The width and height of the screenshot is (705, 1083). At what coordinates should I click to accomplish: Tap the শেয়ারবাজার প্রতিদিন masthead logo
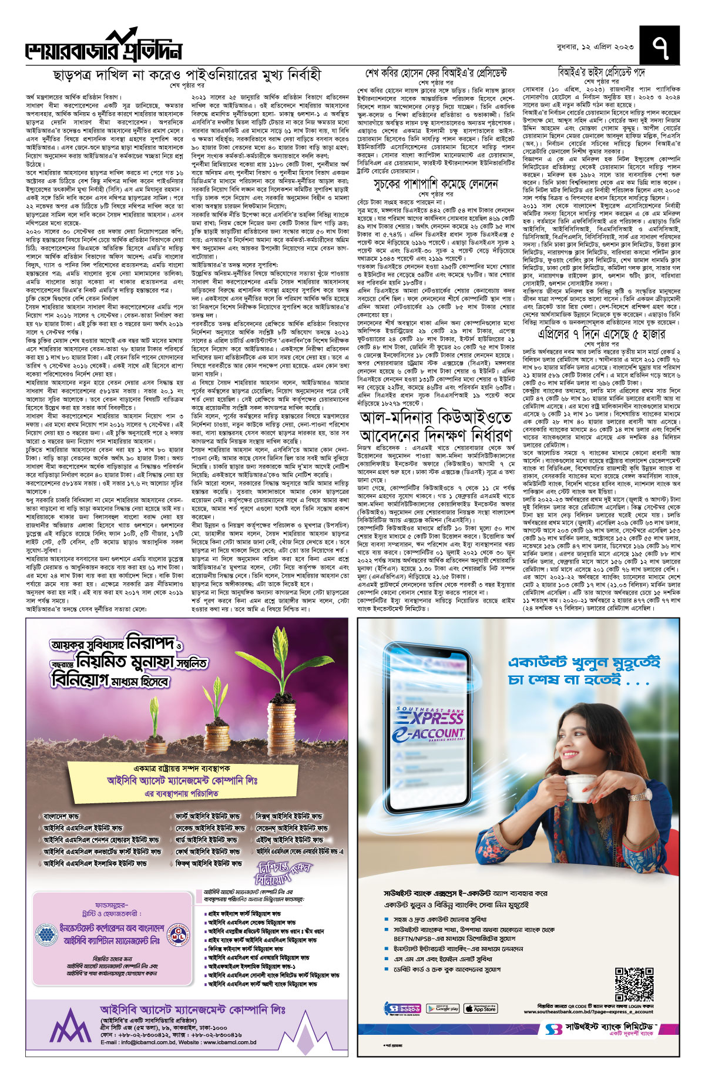coord(103,48)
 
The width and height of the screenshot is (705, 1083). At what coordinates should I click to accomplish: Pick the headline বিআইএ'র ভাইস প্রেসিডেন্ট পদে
coord(601,72)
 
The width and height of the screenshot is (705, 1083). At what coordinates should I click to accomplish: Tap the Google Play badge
coord(442,1009)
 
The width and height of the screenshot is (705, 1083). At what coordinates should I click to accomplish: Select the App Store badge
coord(481,1009)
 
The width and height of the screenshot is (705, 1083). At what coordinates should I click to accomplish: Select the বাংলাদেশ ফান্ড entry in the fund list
coord(61,816)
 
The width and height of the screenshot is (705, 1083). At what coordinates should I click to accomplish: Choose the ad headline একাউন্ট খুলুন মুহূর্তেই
coord(583,663)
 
